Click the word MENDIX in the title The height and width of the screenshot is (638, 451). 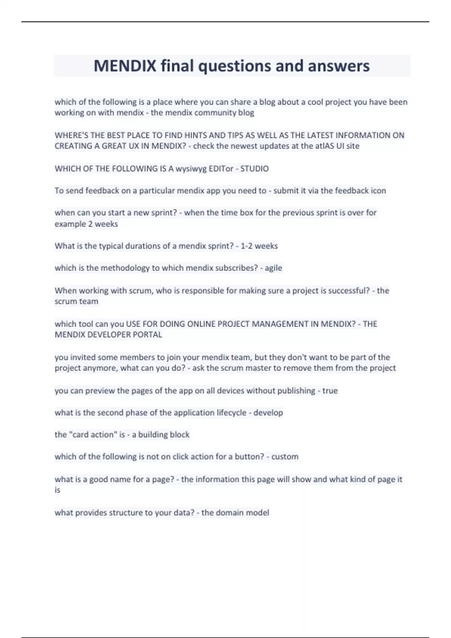click(x=125, y=66)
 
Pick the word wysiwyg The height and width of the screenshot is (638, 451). click(x=191, y=169)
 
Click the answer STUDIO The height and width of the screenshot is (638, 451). click(x=254, y=169)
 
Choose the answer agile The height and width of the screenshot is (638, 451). click(x=273, y=268)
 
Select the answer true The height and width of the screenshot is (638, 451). click(x=330, y=391)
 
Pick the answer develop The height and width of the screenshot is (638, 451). click(x=268, y=413)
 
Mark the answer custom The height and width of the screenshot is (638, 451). click(x=285, y=457)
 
